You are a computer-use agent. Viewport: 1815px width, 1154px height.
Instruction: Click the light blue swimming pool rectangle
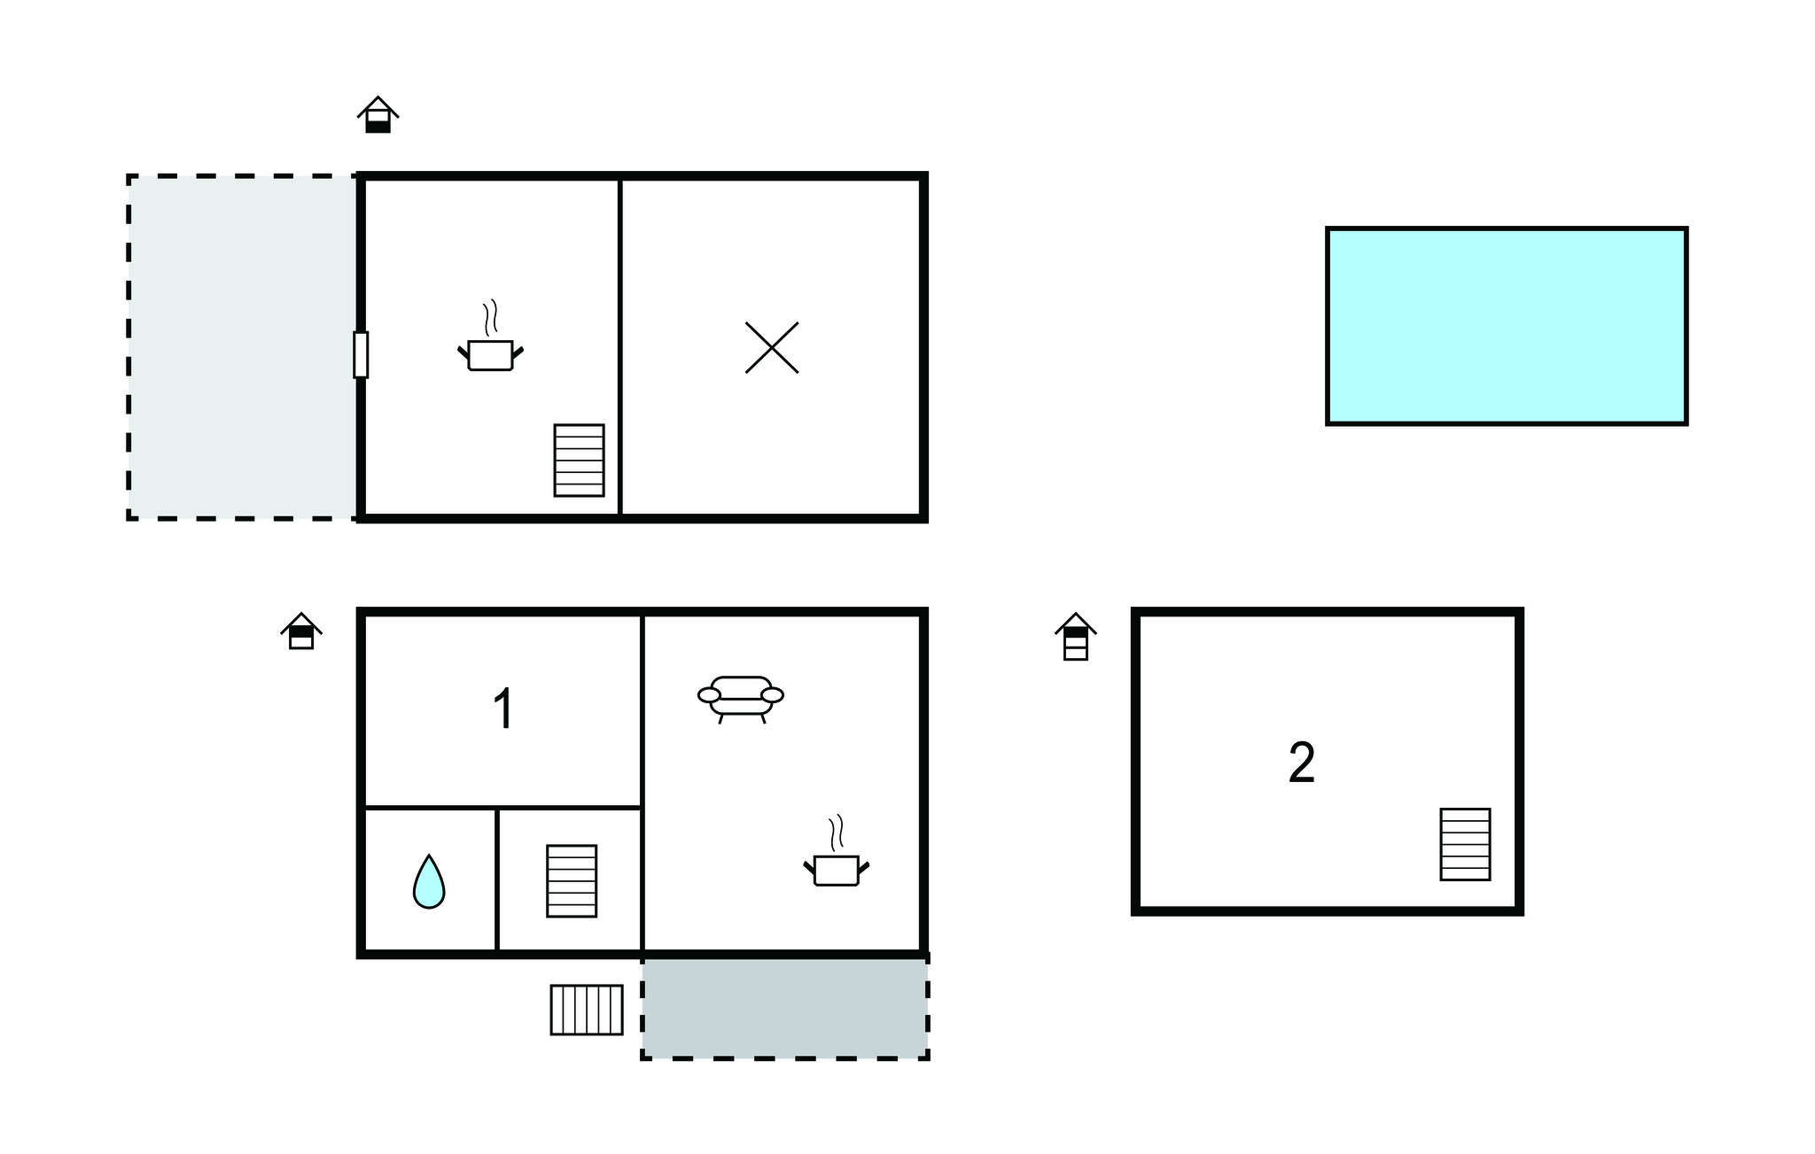pyautogui.click(x=1507, y=326)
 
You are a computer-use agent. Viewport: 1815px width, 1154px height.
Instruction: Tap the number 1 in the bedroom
pyautogui.click(x=503, y=709)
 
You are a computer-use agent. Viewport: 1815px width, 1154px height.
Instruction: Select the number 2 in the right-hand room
pyautogui.click(x=1301, y=763)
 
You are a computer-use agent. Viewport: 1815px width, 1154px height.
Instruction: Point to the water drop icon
pyautogui.click(x=429, y=881)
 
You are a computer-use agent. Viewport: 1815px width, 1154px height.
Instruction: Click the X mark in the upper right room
pyautogui.click(x=772, y=347)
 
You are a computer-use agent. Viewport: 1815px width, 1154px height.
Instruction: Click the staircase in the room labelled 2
pyautogui.click(x=1465, y=844)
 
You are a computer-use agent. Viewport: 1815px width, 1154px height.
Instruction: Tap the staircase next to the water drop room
pyautogui.click(x=572, y=880)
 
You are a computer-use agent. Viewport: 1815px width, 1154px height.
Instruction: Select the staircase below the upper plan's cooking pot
pyautogui.click(x=580, y=461)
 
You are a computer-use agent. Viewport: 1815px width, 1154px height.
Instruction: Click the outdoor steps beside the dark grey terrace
pyautogui.click(x=587, y=1010)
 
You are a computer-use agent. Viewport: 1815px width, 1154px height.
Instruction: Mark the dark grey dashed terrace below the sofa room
pyautogui.click(x=785, y=1007)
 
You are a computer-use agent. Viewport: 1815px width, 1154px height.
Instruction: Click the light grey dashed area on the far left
pyautogui.click(x=243, y=346)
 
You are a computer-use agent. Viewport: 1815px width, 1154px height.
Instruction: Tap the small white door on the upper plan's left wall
pyautogui.click(x=361, y=354)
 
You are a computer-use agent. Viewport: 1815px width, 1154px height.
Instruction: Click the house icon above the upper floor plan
pyautogui.click(x=378, y=114)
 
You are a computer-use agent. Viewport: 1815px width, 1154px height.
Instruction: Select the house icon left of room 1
pyautogui.click(x=301, y=631)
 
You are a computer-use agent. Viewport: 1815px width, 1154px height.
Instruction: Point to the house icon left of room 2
pyautogui.click(x=1076, y=636)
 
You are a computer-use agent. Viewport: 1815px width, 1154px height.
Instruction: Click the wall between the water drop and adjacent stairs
pyautogui.click(x=497, y=880)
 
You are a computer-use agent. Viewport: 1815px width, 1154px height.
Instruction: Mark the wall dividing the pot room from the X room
pyautogui.click(x=620, y=346)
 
